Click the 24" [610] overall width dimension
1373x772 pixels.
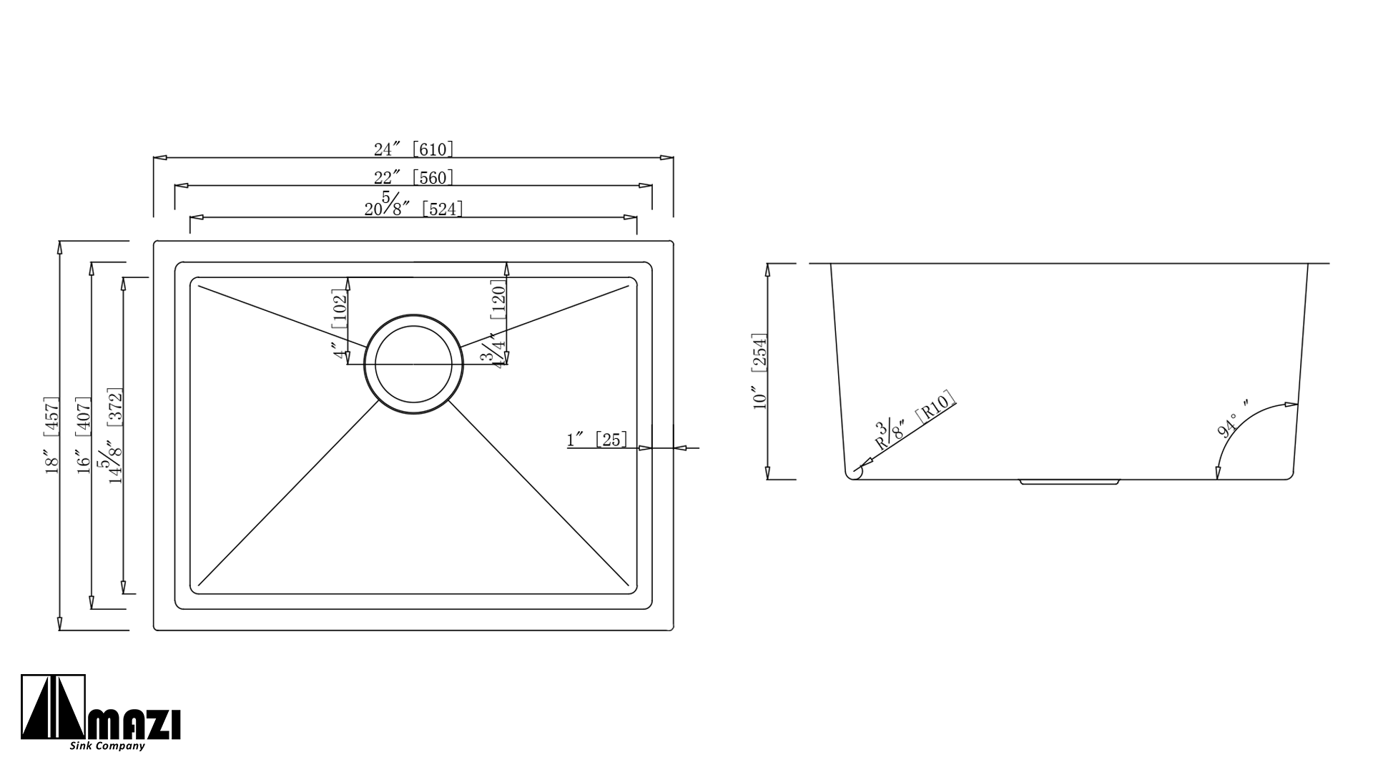[414, 149]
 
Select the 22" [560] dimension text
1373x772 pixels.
[414, 177]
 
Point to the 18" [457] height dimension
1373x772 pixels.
[51, 435]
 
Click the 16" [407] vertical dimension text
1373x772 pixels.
[84, 435]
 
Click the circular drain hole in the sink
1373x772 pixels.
[413, 364]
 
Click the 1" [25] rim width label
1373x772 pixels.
[597, 439]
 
